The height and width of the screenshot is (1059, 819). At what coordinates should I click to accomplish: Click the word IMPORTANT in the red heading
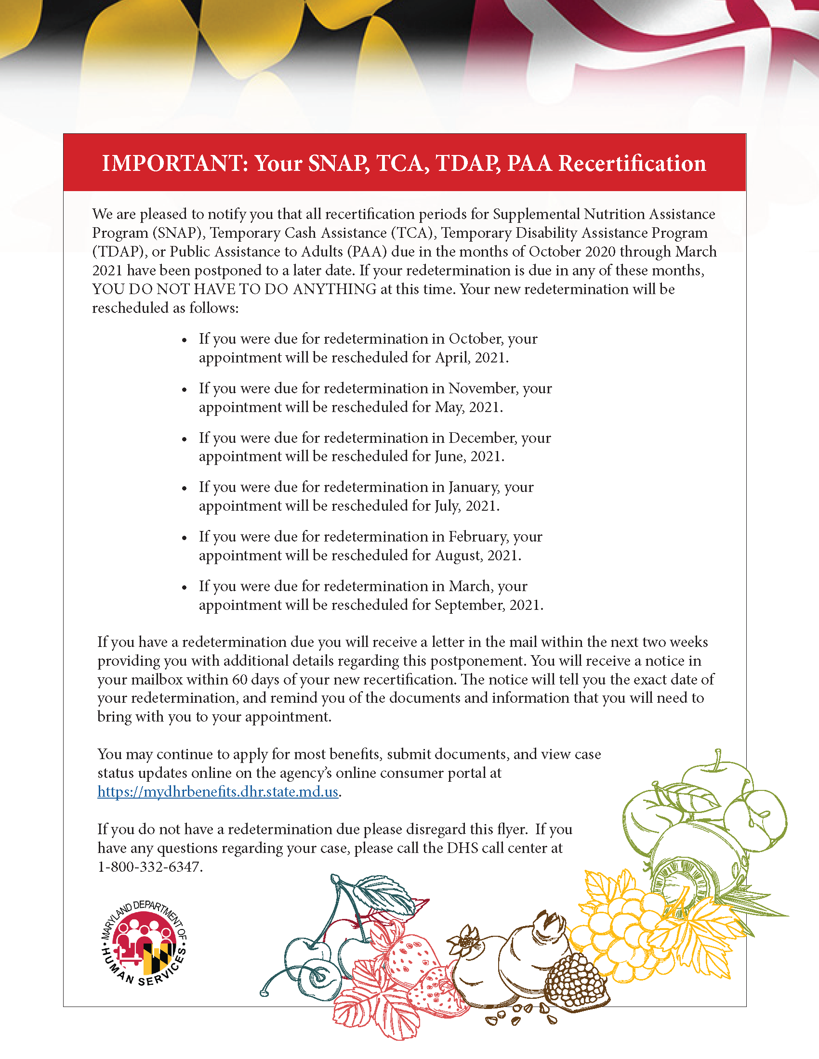pyautogui.click(x=172, y=163)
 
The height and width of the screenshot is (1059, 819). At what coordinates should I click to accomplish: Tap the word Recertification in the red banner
pyautogui.click(x=632, y=163)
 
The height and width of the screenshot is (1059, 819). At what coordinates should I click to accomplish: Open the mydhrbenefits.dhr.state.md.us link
pyautogui.click(x=218, y=791)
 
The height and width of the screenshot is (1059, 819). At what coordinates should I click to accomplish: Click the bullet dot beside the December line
pyautogui.click(x=185, y=439)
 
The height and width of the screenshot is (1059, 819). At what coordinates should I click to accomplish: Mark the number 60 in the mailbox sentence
pyautogui.click(x=240, y=680)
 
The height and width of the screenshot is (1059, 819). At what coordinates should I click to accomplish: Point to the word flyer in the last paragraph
pyautogui.click(x=511, y=829)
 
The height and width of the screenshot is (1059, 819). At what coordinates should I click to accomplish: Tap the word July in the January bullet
pyautogui.click(x=447, y=506)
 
